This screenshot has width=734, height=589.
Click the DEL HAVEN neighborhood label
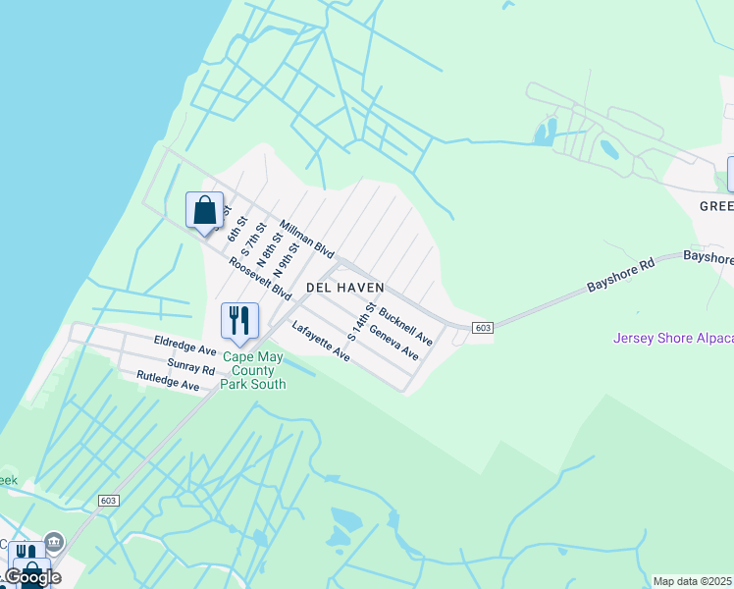344,287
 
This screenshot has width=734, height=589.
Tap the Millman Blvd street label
307,240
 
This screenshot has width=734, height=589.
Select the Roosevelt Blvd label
260,280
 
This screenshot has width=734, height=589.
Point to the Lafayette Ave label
321,341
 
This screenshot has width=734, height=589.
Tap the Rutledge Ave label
168,381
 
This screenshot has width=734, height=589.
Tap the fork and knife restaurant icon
239,320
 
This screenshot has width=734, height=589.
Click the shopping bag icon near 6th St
204,210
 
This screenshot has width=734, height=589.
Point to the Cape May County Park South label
254,370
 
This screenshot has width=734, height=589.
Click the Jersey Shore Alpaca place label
673,339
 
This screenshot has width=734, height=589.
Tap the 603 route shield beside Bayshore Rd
482,327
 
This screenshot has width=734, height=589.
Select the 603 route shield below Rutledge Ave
109,501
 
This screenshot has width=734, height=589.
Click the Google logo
31,576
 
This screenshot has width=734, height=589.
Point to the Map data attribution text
692,581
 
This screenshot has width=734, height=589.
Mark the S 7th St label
252,240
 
